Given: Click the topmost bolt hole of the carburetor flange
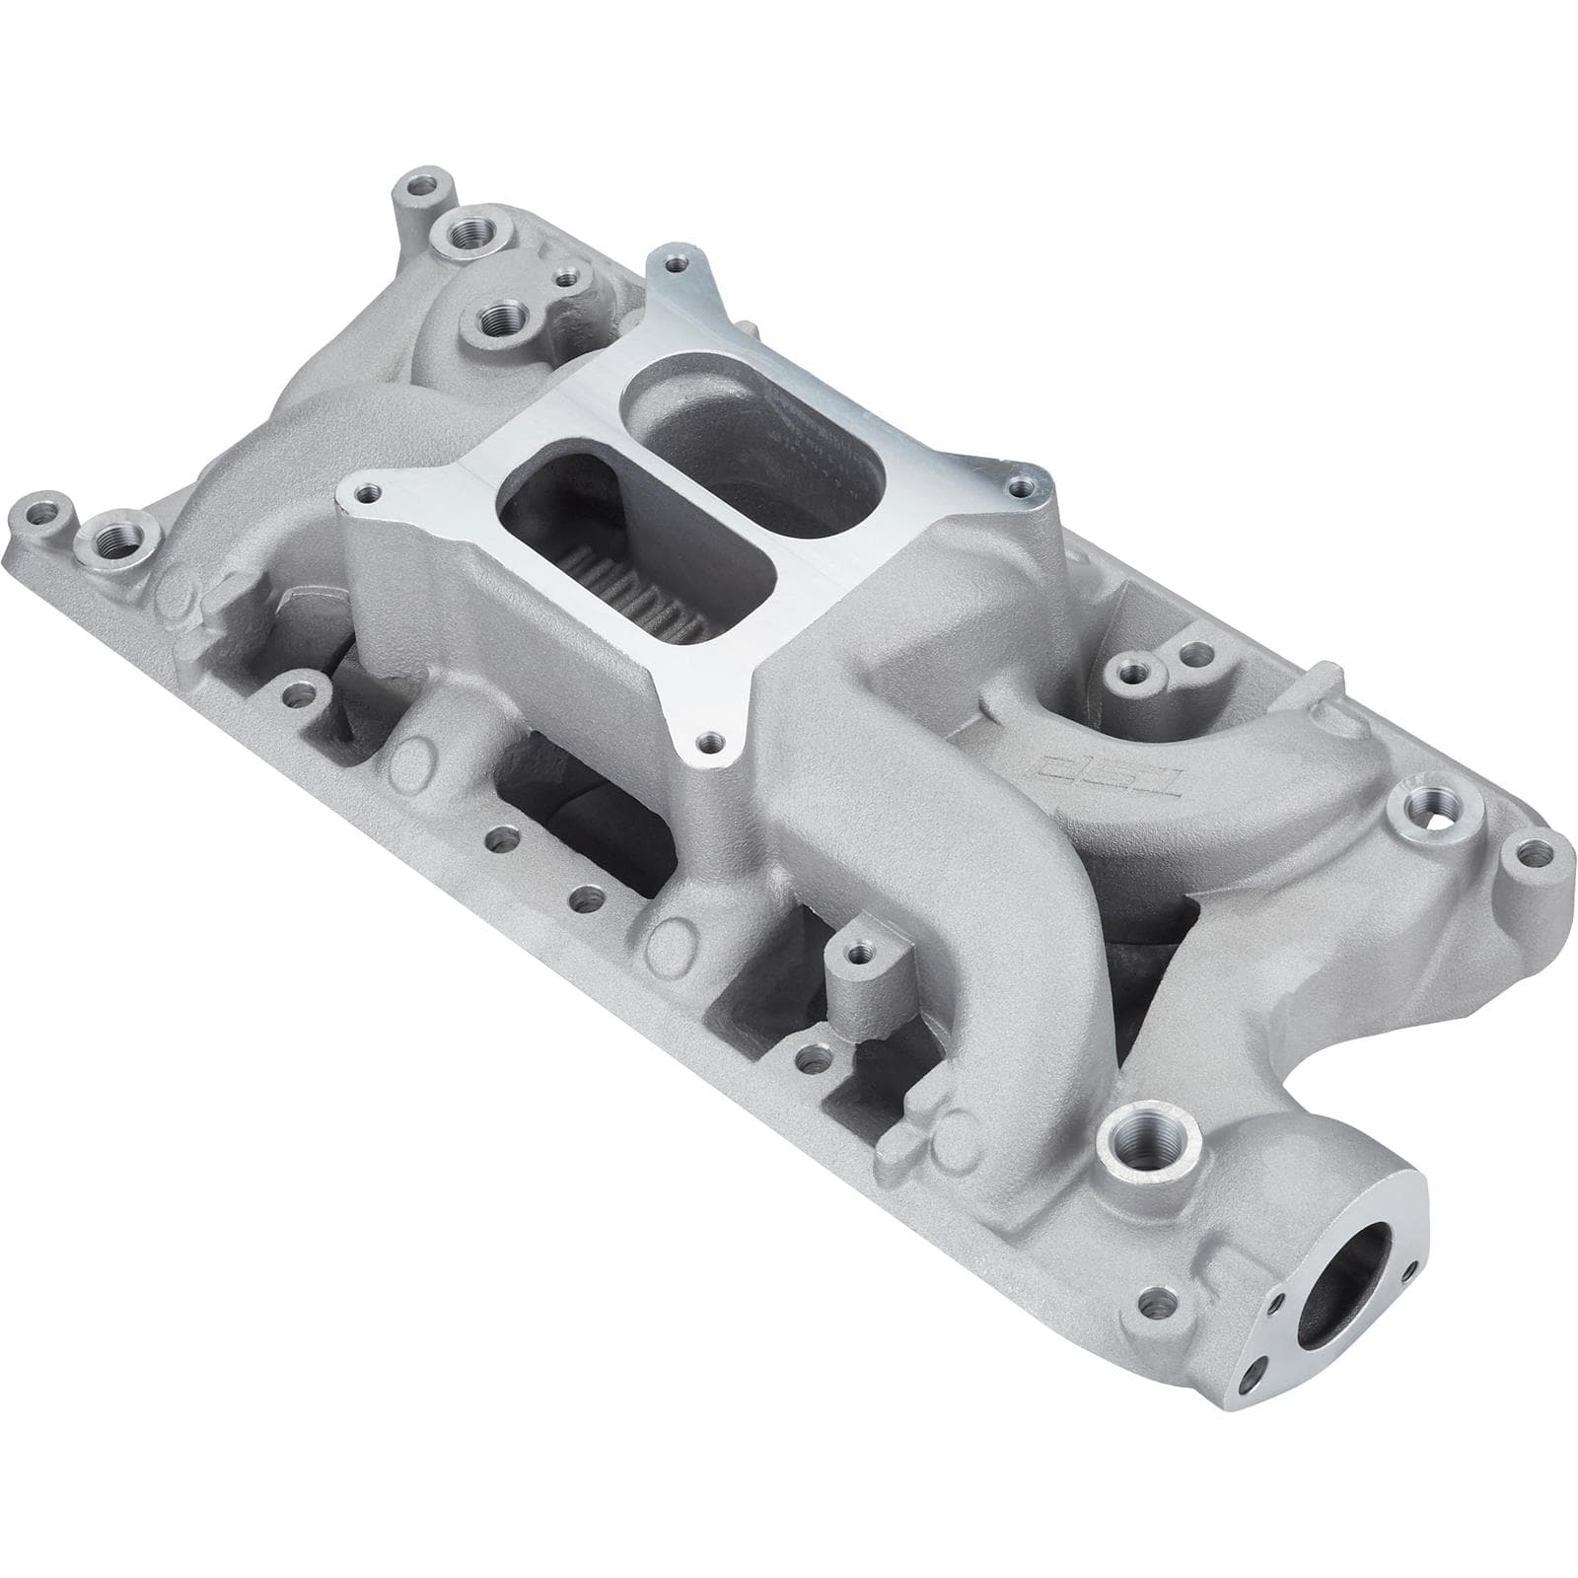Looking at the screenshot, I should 674,262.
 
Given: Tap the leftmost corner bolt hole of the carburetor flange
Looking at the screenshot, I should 366,490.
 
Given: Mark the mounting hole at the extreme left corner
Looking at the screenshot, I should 44,515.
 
